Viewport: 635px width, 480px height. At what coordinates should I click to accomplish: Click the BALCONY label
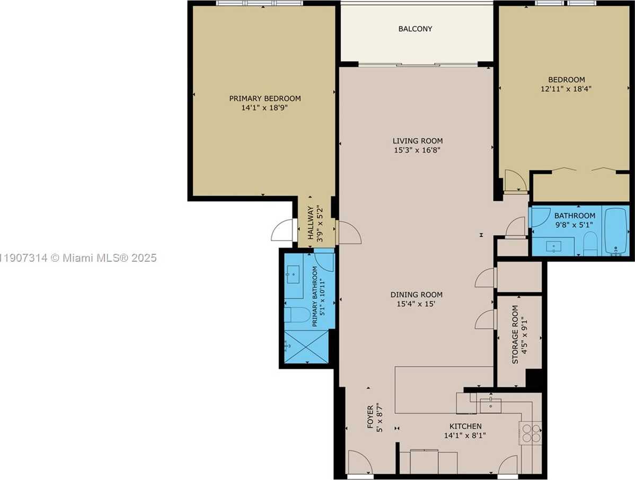pyautogui.click(x=415, y=29)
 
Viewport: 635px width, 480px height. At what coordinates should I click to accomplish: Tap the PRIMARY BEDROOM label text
pyautogui.click(x=264, y=99)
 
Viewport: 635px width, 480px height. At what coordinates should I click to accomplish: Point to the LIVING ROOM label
pyautogui.click(x=417, y=141)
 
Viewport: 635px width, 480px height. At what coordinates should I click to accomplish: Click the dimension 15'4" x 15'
pyautogui.click(x=416, y=304)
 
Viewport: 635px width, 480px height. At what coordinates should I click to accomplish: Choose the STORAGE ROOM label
pyautogui.click(x=515, y=341)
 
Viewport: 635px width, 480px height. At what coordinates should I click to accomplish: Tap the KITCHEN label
pyautogui.click(x=465, y=426)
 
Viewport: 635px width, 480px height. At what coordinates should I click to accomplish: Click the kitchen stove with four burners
pyautogui.click(x=531, y=433)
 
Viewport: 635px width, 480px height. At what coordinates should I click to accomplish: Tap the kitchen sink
pyautogui.click(x=491, y=405)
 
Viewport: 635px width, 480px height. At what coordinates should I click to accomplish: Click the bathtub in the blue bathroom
pyautogui.click(x=615, y=232)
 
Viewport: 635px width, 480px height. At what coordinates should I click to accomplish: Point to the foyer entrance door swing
pyautogui.click(x=360, y=462)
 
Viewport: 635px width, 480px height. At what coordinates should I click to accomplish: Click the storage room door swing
pyautogui.click(x=485, y=319)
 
